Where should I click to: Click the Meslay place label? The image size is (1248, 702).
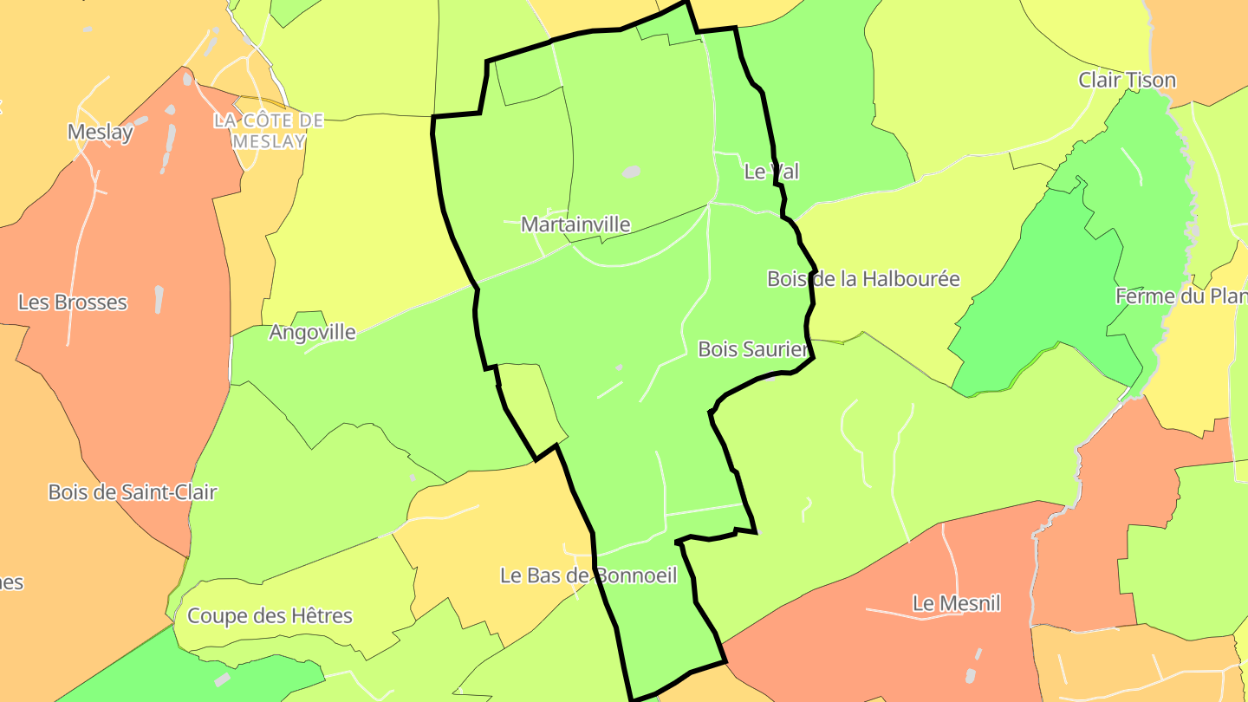(x=101, y=132)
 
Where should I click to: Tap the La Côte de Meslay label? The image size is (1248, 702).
(x=269, y=130)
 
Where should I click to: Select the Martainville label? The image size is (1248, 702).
(x=575, y=224)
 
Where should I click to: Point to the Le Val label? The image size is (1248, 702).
(x=771, y=172)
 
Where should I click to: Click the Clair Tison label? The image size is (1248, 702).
(x=1127, y=81)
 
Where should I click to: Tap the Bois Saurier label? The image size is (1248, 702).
(x=753, y=349)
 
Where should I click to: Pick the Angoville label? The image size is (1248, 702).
(x=312, y=332)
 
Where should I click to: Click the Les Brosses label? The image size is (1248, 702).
(x=73, y=302)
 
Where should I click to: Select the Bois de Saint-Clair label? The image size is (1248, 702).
(x=133, y=492)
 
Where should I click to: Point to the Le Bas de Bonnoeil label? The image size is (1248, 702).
(x=588, y=575)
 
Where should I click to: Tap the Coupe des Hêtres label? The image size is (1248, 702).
(x=270, y=616)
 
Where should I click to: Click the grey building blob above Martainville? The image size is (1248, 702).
(x=632, y=172)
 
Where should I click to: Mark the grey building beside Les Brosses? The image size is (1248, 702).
(x=159, y=299)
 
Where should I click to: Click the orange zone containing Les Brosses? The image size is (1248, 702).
(x=130, y=390)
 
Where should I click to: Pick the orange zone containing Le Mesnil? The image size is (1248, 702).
(x=867, y=641)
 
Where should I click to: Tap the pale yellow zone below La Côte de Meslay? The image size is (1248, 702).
(x=364, y=225)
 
